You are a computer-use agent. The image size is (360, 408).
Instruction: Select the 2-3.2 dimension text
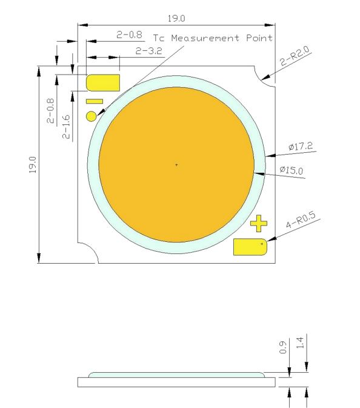(x=148, y=52)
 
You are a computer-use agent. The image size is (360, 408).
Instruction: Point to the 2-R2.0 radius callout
(x=295, y=59)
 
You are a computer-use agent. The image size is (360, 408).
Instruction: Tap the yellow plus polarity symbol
(x=259, y=224)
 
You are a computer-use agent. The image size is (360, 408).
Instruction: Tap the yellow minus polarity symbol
(x=95, y=101)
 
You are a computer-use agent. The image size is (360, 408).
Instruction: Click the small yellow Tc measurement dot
(x=92, y=115)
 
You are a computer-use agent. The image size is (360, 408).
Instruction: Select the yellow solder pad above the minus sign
(x=104, y=82)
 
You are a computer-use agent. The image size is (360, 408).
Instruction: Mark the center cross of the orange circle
(x=176, y=164)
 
